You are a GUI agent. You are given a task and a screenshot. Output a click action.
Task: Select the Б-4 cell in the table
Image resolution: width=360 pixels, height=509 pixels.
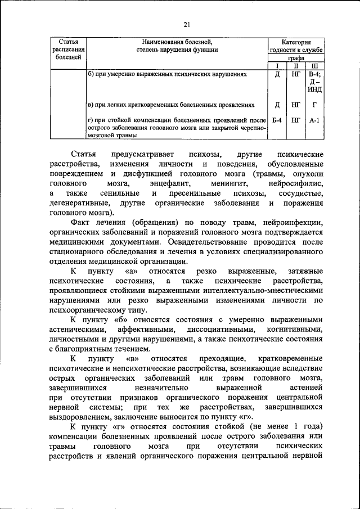pos(277,120)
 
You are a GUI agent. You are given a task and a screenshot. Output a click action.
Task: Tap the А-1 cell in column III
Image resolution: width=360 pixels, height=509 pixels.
pos(314,120)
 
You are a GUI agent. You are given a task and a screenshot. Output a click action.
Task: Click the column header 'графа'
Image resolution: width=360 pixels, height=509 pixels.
pos(296,58)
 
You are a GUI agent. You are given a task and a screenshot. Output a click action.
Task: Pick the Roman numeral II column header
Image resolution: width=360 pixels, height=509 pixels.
pos(296,65)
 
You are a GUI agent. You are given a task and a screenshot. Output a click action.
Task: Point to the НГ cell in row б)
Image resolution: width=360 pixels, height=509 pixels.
pos(296,74)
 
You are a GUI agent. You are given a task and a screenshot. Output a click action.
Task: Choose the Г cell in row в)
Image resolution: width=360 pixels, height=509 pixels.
pos(314,105)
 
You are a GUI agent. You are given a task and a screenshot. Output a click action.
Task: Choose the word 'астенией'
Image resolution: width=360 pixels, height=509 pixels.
pos(305,389)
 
